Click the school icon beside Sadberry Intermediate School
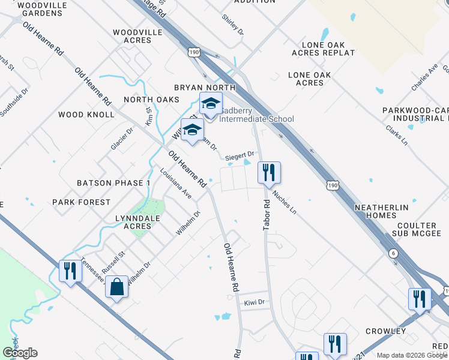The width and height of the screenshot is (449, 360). point(211,104)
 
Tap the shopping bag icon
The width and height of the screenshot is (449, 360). point(116,287)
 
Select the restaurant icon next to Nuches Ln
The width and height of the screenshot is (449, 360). point(269,173)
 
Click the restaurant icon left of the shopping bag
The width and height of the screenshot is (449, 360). point(70,271)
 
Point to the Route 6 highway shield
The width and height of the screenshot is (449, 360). point(392,253)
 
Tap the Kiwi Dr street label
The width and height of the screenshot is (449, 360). point(254,303)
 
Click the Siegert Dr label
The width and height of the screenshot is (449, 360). point(240,157)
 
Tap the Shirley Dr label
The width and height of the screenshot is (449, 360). point(233,24)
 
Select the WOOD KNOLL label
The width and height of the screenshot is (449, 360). point(86,114)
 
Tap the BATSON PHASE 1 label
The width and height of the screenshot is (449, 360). point(113,183)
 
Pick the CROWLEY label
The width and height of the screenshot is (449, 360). point(385,331)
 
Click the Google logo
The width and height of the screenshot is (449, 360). point(20,353)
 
